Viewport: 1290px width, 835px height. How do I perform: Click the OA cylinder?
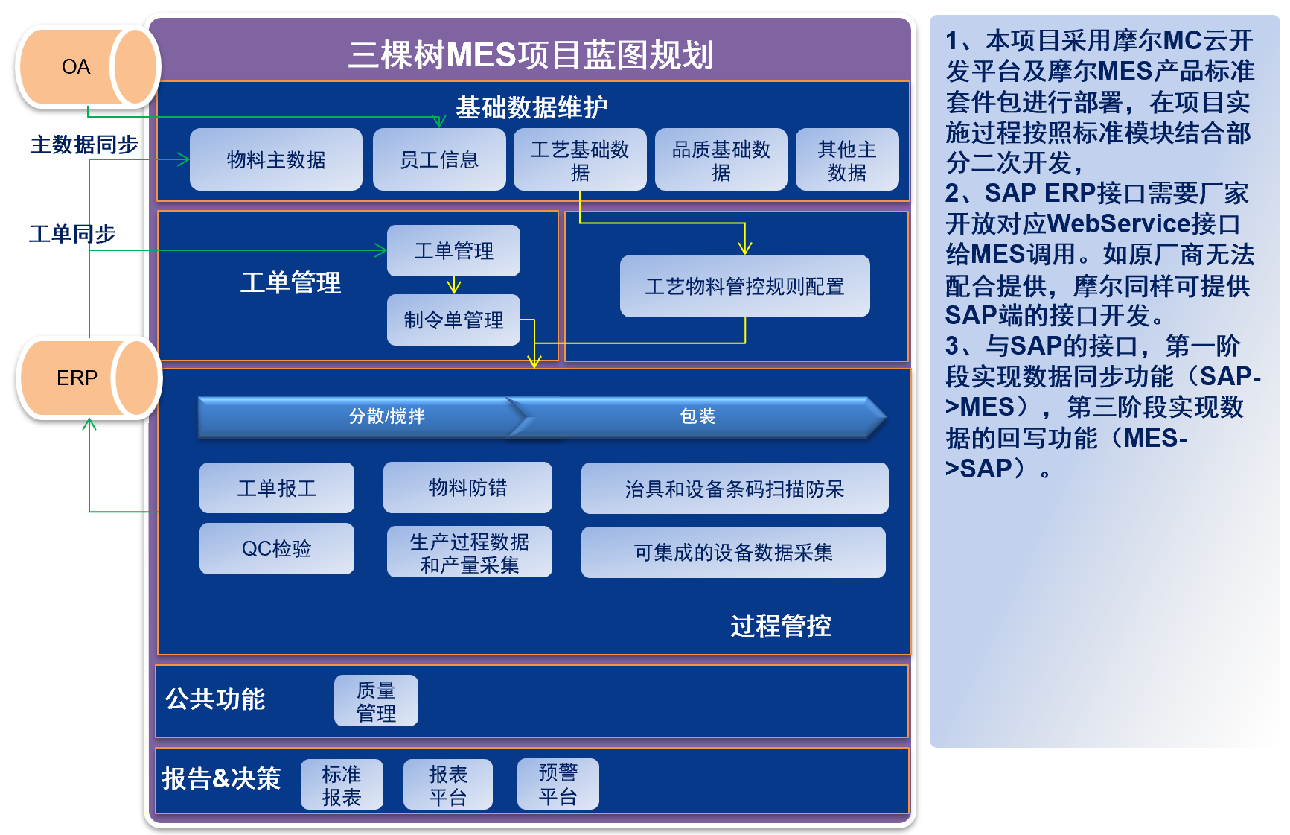(88, 67)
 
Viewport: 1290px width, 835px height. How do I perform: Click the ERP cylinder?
(89, 378)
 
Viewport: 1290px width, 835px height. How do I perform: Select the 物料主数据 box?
(276, 159)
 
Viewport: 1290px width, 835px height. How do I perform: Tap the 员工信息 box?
(439, 159)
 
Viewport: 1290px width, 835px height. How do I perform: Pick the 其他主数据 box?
(847, 159)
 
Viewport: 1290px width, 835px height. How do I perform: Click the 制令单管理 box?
(453, 320)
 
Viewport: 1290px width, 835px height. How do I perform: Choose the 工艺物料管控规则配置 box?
(744, 286)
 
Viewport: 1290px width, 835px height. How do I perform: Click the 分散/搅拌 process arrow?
(365, 416)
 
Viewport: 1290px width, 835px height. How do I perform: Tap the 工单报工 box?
(277, 488)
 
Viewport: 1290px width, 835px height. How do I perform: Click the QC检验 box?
(277, 548)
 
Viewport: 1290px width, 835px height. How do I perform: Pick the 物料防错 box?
(467, 487)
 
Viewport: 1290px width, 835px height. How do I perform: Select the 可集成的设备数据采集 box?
(733, 552)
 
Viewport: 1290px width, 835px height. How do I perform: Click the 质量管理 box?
(376, 701)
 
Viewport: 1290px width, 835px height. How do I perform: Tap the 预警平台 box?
(558, 784)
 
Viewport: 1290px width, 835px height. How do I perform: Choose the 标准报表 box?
(342, 784)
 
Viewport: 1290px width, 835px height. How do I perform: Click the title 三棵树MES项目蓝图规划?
(531, 55)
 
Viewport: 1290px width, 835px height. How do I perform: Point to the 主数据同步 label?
(84, 145)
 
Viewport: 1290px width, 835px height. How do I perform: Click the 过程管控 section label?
(781, 626)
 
